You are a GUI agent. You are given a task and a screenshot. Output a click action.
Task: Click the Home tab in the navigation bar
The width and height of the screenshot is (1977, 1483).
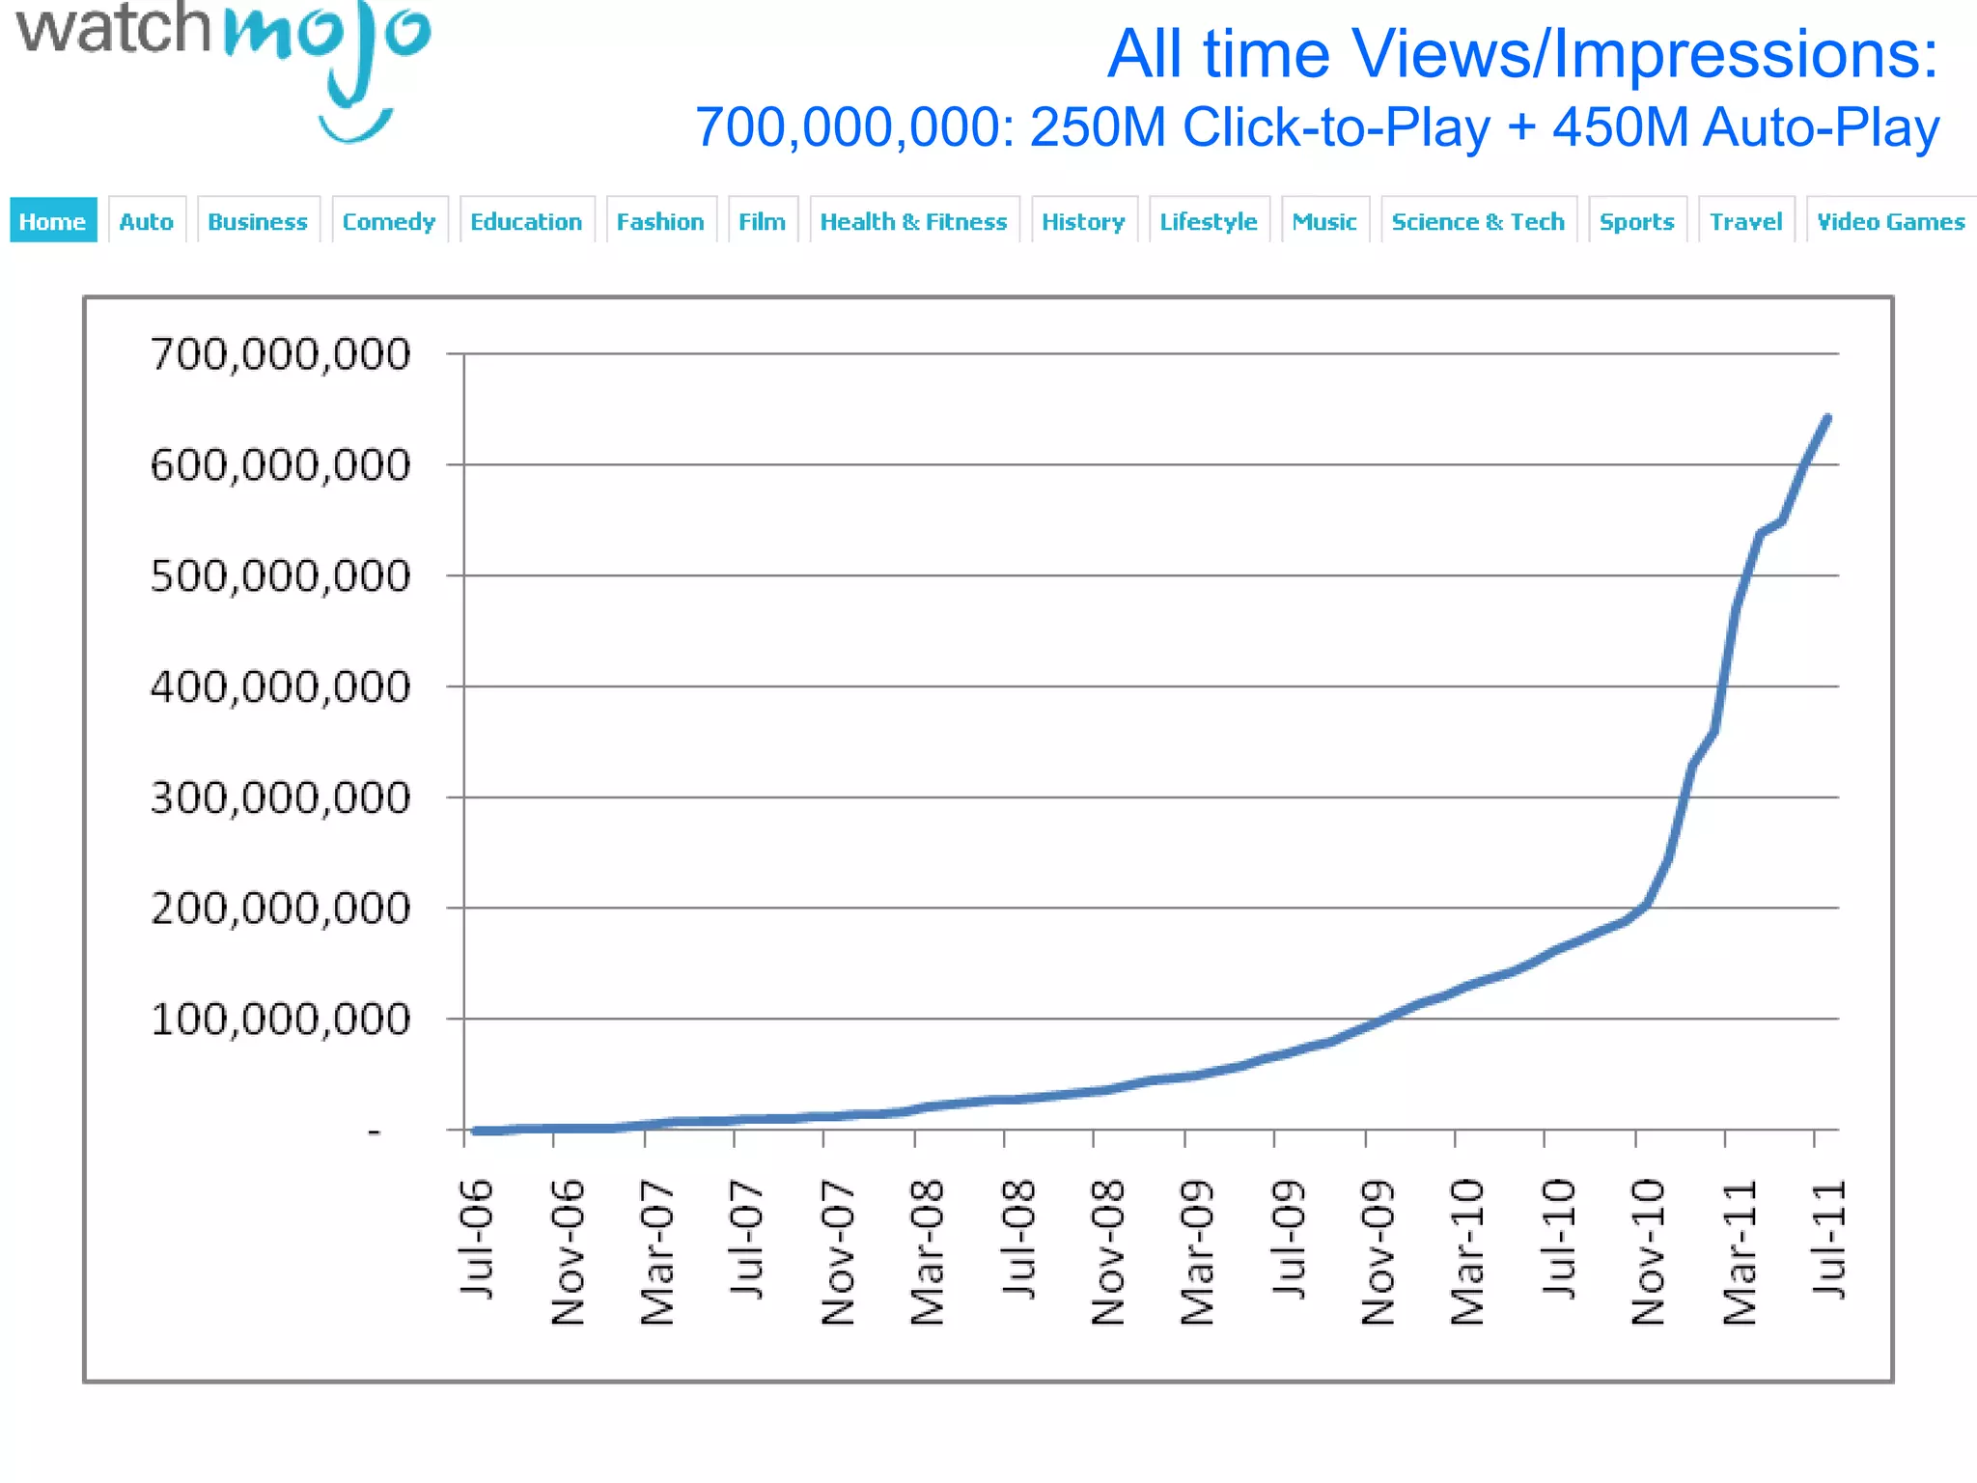[53, 221]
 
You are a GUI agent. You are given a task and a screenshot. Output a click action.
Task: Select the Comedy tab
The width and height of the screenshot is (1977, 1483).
[389, 221]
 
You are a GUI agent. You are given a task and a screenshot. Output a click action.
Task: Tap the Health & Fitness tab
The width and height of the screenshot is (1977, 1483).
[913, 221]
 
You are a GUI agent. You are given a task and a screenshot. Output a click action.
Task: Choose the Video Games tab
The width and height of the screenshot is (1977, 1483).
[1890, 221]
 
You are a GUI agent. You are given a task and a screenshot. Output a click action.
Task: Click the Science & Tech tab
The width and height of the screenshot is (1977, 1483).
[1477, 221]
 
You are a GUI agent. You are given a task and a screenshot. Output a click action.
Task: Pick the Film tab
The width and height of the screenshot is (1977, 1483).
[762, 221]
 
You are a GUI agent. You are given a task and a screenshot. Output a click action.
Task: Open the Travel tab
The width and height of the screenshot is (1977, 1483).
[1745, 221]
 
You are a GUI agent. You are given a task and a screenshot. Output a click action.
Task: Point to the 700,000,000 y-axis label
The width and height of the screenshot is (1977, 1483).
[280, 354]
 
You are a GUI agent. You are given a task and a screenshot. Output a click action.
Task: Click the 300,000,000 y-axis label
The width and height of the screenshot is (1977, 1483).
[280, 798]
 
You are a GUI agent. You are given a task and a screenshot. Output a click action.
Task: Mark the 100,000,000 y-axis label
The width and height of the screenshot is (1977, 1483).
[280, 1020]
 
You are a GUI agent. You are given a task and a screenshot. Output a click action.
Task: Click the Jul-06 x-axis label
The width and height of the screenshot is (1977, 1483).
[477, 1240]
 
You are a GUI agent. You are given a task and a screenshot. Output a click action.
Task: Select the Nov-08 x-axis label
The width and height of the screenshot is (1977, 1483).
[1108, 1252]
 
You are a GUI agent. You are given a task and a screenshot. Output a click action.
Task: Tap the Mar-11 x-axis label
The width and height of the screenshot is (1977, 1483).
[1740, 1252]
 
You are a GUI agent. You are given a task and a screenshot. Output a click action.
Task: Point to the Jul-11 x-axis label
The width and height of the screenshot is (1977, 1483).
[1828, 1240]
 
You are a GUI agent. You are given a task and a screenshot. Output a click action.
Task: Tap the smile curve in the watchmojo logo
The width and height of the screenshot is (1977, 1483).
[354, 127]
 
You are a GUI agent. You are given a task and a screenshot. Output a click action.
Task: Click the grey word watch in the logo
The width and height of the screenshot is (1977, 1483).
[114, 29]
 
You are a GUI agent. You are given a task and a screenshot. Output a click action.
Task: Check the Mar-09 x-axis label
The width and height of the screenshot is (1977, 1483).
[1198, 1252]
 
